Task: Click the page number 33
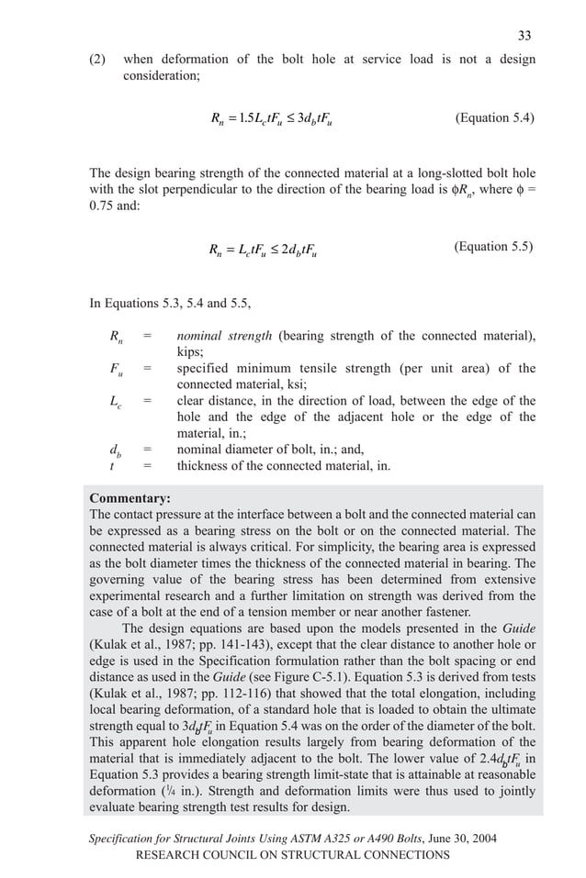524,36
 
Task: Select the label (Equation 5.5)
493,246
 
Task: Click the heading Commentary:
130,498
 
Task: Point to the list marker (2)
97,60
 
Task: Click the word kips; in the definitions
192,351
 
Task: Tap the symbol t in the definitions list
111,465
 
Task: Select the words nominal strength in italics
225,336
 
